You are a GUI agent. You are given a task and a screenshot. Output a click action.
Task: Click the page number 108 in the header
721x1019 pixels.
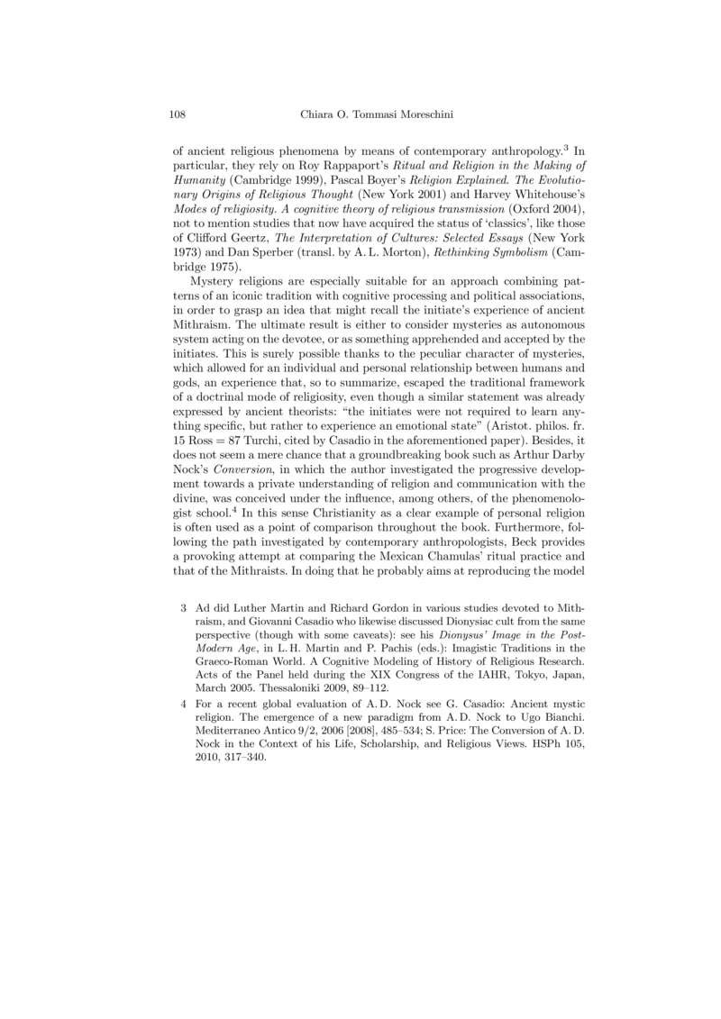[178, 114]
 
